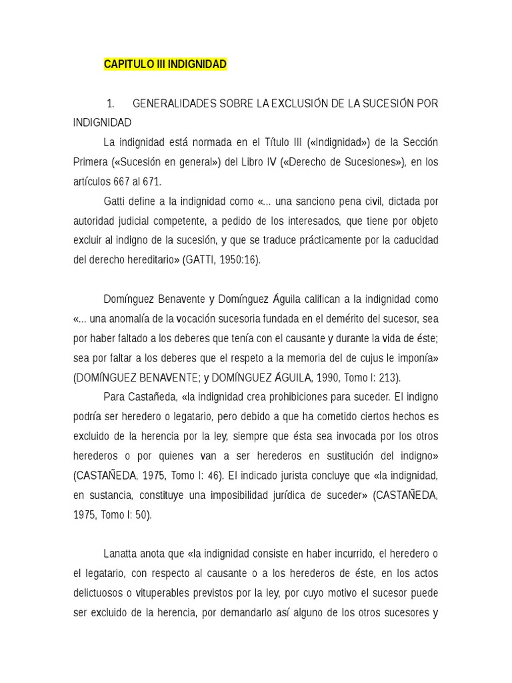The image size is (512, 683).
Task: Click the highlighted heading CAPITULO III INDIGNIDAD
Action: pyautogui.click(x=165, y=64)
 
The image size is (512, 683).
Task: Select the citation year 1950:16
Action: pyautogui.click(x=239, y=259)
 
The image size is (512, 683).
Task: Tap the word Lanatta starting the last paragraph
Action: pyautogui.click(x=123, y=554)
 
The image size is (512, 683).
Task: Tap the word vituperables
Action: pyautogui.click(x=151, y=593)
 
